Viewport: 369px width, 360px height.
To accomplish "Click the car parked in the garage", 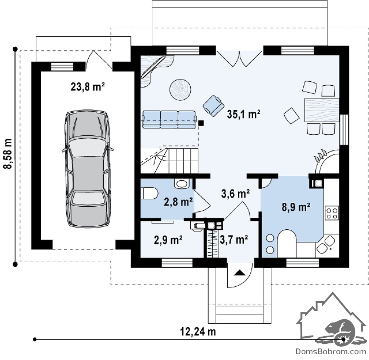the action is [x=87, y=168].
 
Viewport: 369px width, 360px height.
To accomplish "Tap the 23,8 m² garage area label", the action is [x=88, y=87].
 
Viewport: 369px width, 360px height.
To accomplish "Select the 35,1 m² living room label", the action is [x=243, y=114].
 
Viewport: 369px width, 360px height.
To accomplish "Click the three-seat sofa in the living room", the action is [x=169, y=120].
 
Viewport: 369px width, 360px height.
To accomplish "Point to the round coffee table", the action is [x=180, y=90].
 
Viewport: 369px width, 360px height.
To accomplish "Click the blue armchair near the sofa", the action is [x=213, y=105].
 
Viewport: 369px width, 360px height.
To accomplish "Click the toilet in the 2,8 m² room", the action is [x=149, y=193].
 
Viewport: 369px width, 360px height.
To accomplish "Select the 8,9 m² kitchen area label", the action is [x=296, y=207].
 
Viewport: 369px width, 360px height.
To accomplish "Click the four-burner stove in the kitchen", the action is [x=332, y=212].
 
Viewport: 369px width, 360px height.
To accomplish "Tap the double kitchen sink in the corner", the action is [x=326, y=244].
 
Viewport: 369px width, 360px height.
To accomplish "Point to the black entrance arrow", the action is [x=240, y=273].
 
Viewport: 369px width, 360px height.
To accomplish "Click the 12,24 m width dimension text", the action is [x=198, y=332].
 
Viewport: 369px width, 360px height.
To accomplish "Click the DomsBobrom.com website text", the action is [x=331, y=351].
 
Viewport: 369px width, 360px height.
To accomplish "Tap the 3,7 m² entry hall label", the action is [x=234, y=239].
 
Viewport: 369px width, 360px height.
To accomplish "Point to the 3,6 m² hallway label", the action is [x=235, y=194].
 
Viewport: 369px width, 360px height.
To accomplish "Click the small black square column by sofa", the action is [x=201, y=122].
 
